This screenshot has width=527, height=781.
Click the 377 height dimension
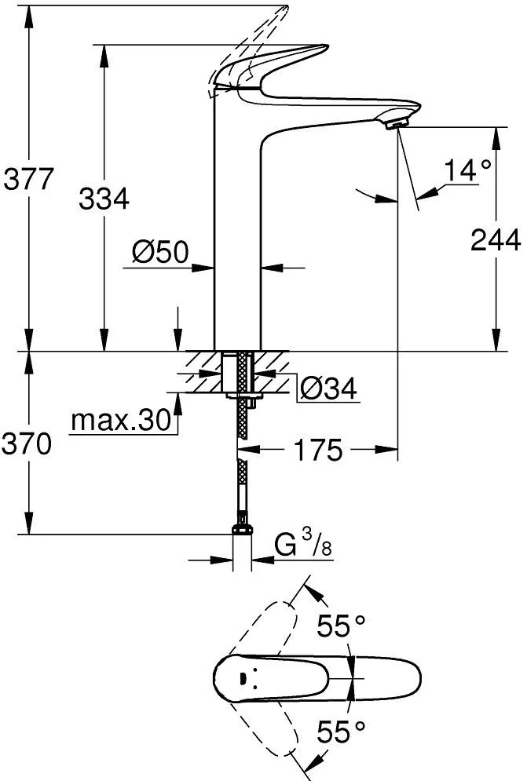click(x=28, y=179)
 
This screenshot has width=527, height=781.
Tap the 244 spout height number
click(x=496, y=240)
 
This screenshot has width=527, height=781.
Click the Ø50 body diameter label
click(x=160, y=252)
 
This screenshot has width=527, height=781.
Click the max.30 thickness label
click(x=121, y=421)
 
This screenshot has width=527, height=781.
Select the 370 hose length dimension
click(x=27, y=444)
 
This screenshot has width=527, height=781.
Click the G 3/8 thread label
click(x=303, y=545)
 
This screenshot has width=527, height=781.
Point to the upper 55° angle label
click(x=341, y=626)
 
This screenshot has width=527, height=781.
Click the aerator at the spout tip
click(x=396, y=121)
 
